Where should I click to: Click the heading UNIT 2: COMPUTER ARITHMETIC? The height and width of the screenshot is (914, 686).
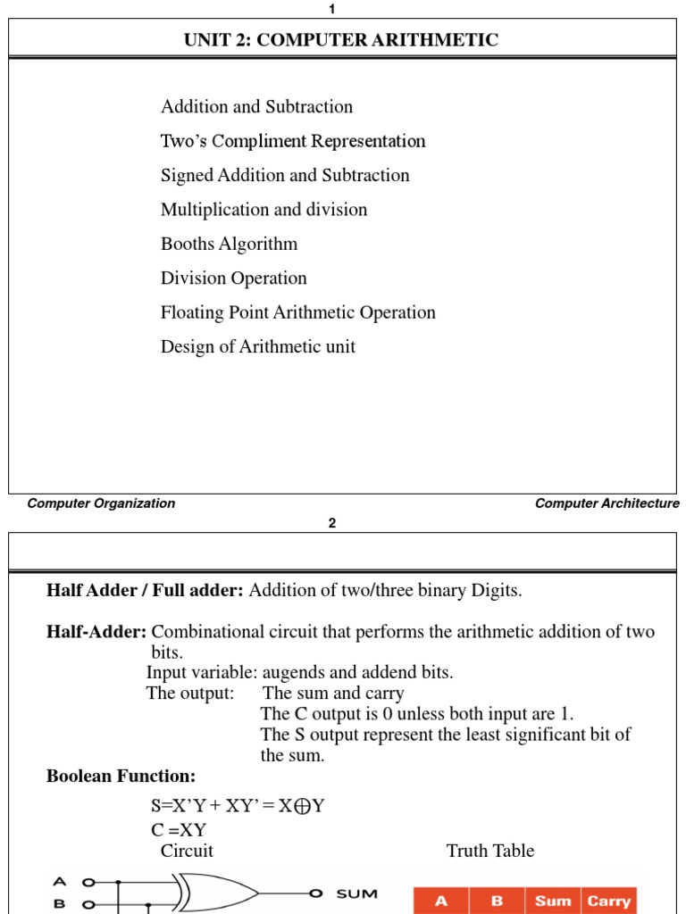(x=341, y=40)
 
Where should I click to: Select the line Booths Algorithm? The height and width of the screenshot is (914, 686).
(x=229, y=244)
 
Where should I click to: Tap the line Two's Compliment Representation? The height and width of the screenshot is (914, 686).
(x=293, y=141)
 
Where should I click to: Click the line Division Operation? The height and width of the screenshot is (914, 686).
(x=233, y=278)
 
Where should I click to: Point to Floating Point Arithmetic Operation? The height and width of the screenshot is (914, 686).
(x=297, y=312)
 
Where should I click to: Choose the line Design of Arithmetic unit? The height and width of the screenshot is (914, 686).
(x=257, y=347)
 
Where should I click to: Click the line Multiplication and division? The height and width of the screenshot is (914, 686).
(x=264, y=210)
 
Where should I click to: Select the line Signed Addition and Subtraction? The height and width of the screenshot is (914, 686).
(x=285, y=175)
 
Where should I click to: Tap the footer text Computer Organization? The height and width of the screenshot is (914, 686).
(x=101, y=503)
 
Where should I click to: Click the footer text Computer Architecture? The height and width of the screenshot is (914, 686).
(x=607, y=503)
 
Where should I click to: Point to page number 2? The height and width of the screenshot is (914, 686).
(x=332, y=524)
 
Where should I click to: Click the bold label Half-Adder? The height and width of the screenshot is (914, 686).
(x=96, y=632)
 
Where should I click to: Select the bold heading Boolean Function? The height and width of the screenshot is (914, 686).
(x=121, y=777)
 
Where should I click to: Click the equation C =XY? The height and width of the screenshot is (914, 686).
(x=179, y=829)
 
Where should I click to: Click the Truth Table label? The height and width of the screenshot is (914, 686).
(x=489, y=851)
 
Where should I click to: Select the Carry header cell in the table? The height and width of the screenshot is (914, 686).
(x=608, y=901)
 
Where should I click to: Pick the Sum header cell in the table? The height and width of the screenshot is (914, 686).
(x=553, y=901)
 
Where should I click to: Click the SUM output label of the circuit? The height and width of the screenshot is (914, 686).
(x=356, y=893)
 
